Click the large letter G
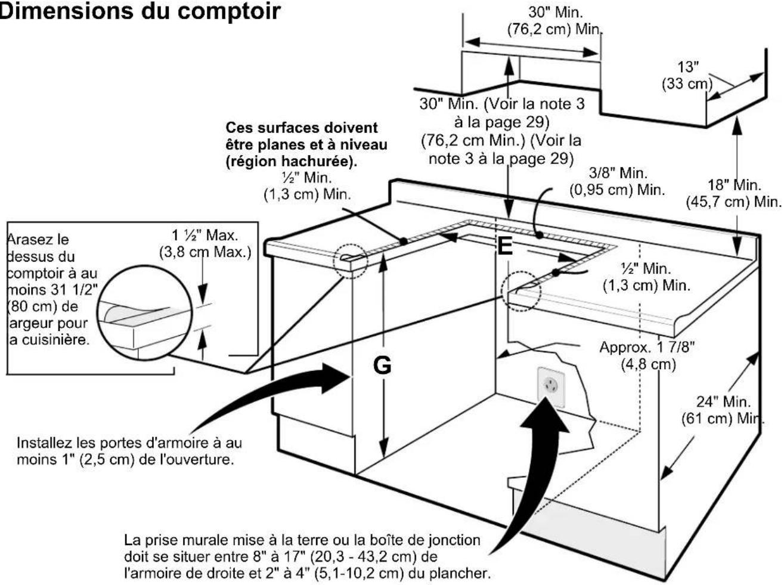(x=382, y=365)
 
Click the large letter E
(x=505, y=246)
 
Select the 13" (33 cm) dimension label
(x=687, y=75)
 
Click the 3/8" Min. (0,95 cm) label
(x=617, y=181)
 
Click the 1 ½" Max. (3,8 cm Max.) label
(x=204, y=243)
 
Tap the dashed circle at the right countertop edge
(x=520, y=292)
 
